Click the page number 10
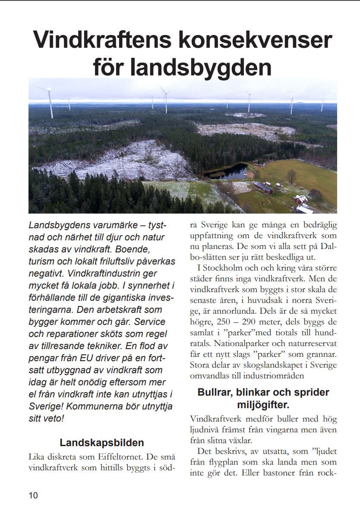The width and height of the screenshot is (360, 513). point(33,495)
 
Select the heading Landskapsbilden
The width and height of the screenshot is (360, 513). point(102,443)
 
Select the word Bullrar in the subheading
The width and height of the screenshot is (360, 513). point(218,393)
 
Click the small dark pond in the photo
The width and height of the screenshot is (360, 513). point(226,171)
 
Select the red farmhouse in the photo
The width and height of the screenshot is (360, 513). point(300,200)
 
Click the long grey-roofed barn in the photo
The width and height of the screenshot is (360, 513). point(263,187)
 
